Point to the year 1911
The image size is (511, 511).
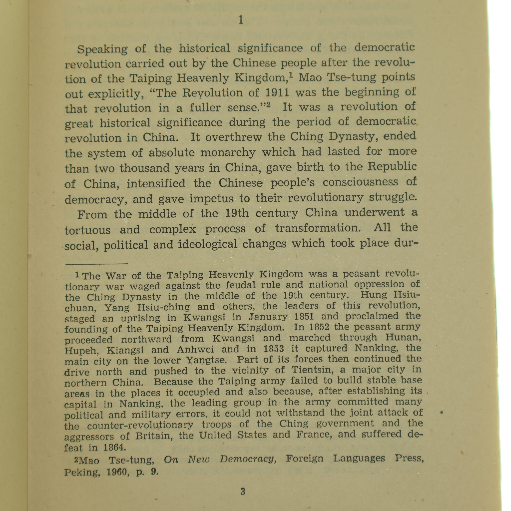pos(277,93)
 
